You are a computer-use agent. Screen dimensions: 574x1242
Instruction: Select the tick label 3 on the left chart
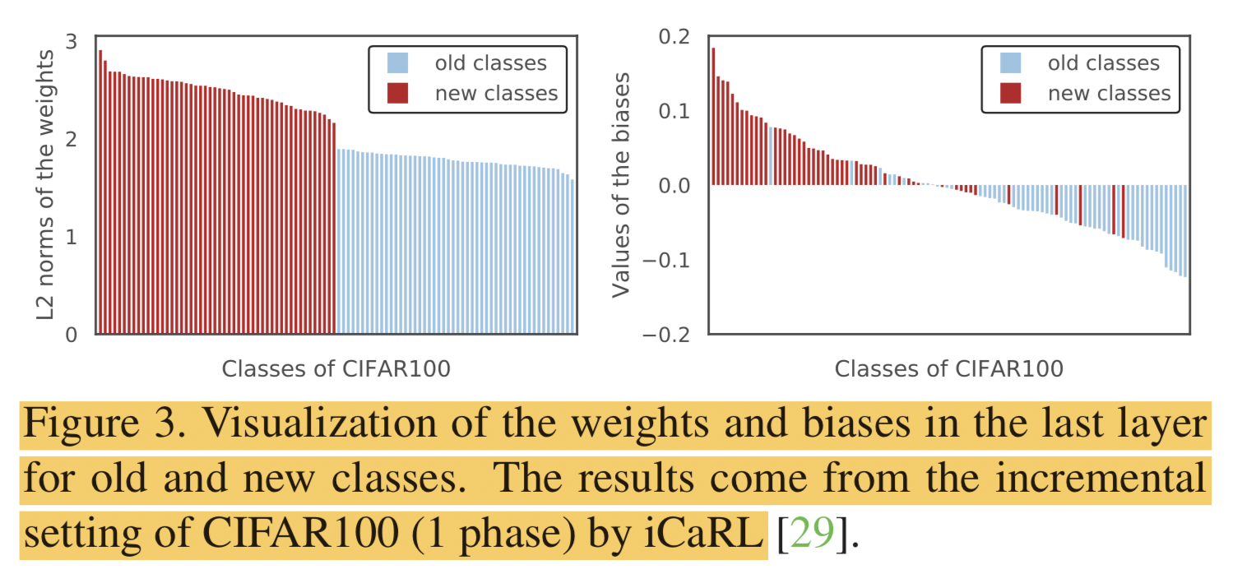[x=71, y=40]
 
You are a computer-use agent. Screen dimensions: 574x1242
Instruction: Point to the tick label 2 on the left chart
[x=71, y=139]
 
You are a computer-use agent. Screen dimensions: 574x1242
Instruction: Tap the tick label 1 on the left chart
[x=71, y=237]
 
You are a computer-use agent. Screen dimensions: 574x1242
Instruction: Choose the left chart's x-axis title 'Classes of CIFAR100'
[x=336, y=368]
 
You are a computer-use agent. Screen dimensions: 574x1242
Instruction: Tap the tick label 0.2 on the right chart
[x=673, y=36]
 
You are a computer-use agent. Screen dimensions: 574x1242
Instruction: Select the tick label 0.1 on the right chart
[x=673, y=111]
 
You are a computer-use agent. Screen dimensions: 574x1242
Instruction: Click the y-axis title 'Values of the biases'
[x=623, y=186]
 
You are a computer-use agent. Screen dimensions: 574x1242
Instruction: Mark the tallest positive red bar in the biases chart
[x=713, y=116]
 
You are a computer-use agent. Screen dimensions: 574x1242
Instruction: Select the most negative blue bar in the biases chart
[x=1184, y=231]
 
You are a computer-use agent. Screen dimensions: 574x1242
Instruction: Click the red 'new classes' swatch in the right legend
[x=1011, y=93]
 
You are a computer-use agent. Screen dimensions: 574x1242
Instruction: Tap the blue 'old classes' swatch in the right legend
[x=1011, y=63]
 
